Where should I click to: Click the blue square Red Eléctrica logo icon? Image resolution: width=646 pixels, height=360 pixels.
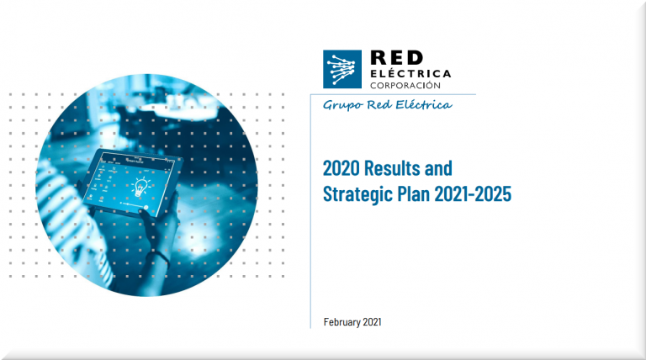point(342,69)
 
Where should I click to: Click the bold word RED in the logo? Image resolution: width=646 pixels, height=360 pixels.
point(397,58)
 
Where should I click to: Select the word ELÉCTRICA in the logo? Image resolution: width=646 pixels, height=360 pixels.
point(410,74)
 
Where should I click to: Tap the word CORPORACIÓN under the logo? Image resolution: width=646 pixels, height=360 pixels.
point(405,85)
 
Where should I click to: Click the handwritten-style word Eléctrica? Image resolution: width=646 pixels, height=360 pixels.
point(424,104)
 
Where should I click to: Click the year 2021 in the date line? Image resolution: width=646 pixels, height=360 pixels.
point(372,321)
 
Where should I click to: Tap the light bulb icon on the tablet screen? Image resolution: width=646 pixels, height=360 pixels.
point(140,187)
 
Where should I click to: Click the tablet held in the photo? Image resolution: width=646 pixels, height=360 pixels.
point(131,183)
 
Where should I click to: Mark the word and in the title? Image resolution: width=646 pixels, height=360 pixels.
point(438,168)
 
